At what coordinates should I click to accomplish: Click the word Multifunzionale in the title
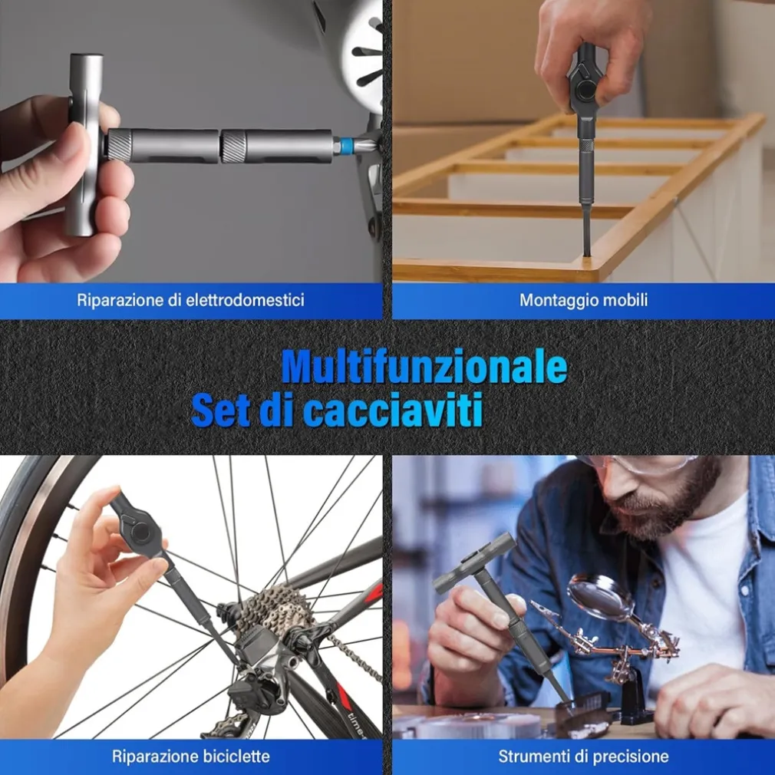click(x=424, y=367)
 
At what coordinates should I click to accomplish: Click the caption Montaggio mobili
click(x=583, y=300)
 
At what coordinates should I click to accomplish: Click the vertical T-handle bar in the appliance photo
click(x=87, y=144)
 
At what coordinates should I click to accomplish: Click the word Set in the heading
click(x=220, y=410)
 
